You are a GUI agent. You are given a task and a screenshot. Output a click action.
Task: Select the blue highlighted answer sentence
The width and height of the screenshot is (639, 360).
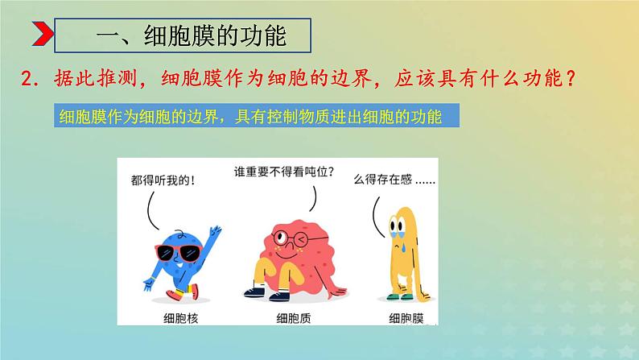click(251, 118)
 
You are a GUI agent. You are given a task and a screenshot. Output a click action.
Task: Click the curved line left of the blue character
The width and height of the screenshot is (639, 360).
click(150, 210)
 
